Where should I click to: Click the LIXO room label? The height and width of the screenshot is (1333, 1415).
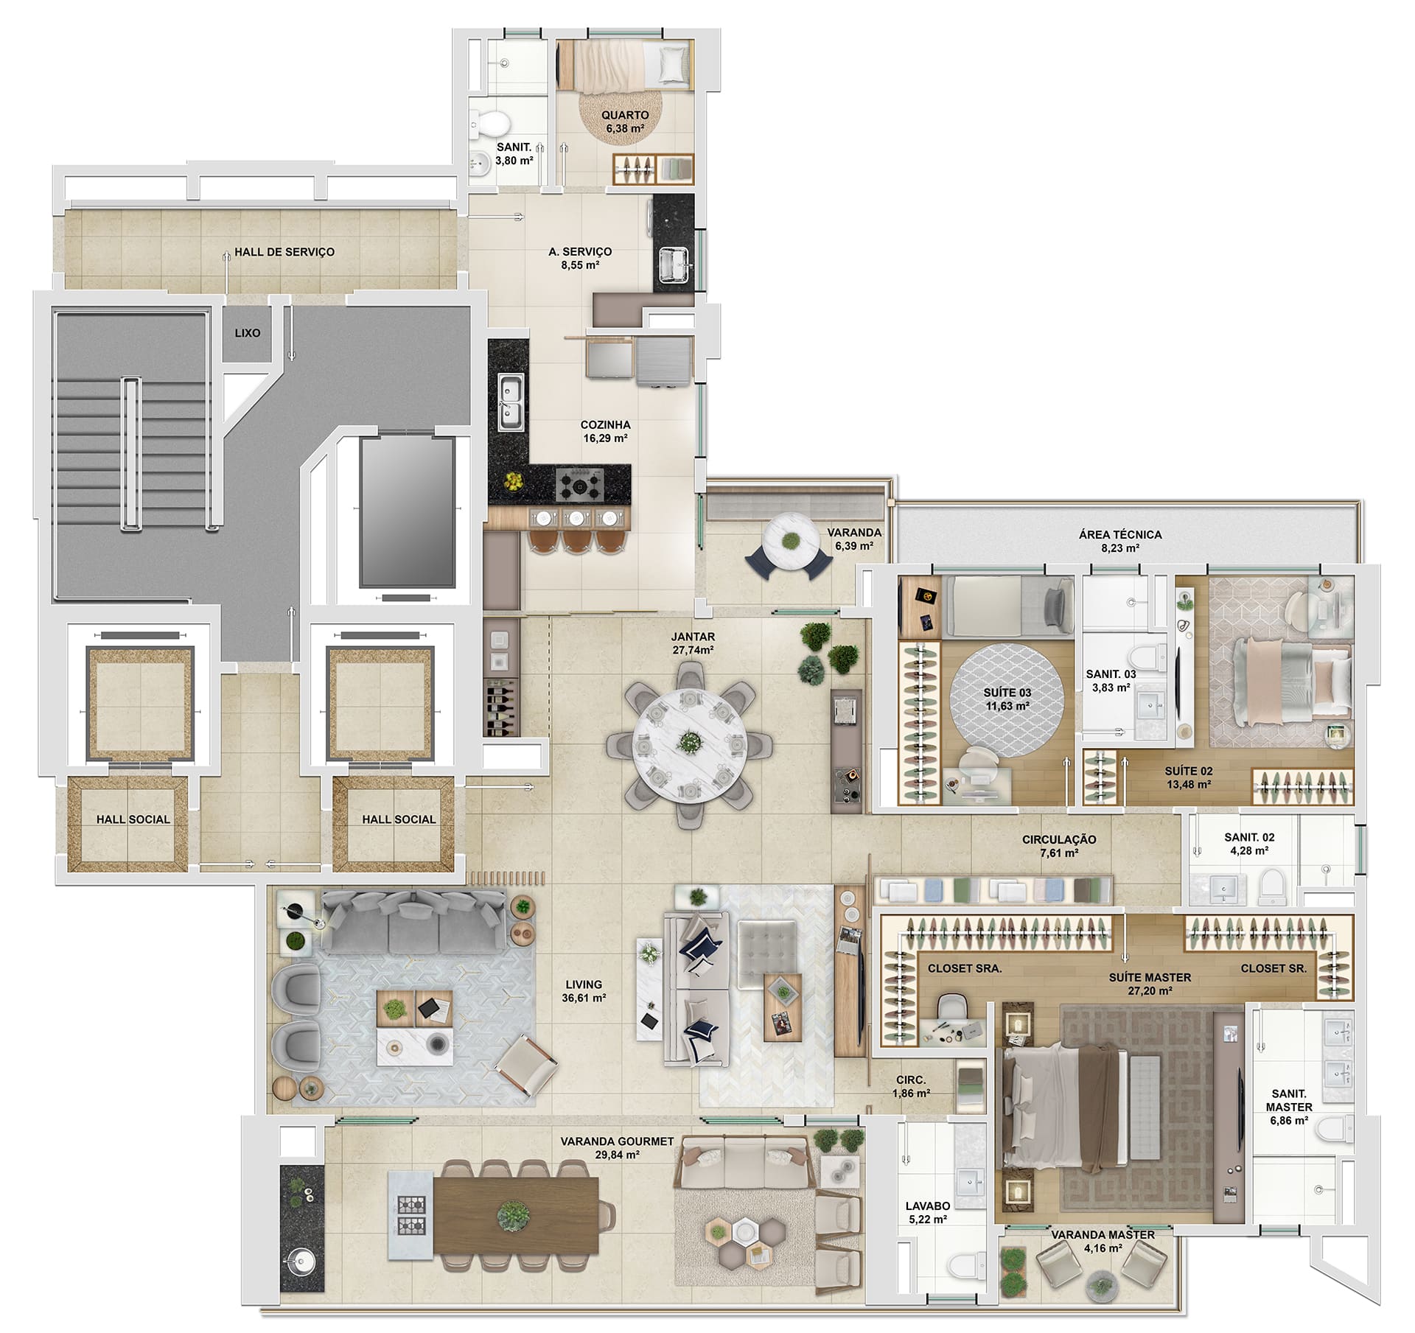click(x=248, y=333)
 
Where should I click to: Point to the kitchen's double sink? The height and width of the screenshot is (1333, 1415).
click(x=510, y=402)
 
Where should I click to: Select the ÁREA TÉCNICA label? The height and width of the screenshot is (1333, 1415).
click(x=1120, y=534)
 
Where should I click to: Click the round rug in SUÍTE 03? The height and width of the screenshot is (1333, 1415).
click(x=1006, y=700)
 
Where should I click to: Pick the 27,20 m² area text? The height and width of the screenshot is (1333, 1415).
click(x=1150, y=991)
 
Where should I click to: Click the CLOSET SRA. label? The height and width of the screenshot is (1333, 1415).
click(x=965, y=969)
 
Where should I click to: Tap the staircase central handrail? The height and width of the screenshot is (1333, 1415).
click(x=131, y=454)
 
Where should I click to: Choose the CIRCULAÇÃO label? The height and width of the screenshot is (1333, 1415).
click(x=1059, y=839)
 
